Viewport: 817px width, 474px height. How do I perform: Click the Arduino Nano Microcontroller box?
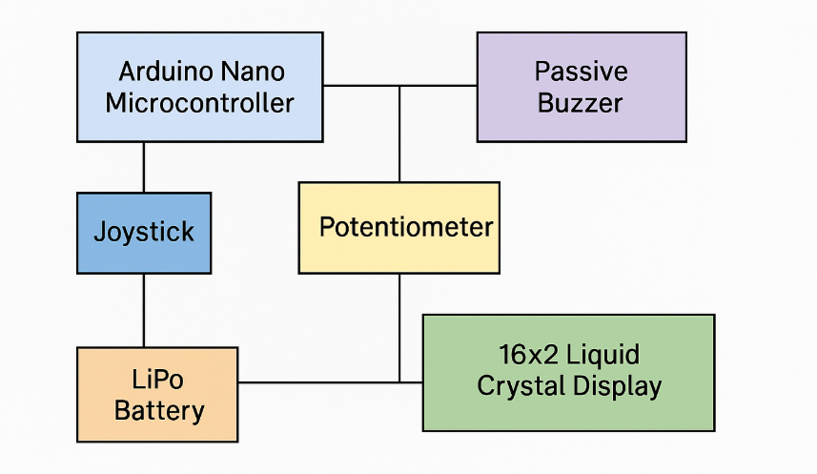pyautogui.click(x=199, y=87)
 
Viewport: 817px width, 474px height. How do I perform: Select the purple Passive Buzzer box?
pyautogui.click(x=581, y=87)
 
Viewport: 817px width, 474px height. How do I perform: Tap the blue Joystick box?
pyautogui.click(x=144, y=232)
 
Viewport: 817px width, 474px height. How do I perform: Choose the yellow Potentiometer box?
pyautogui.click(x=398, y=227)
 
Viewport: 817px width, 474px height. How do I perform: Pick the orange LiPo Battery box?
pyautogui.click(x=157, y=395)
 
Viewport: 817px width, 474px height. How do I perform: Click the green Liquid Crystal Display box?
pyautogui.click(x=568, y=372)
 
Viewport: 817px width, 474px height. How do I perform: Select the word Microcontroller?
pyautogui.click(x=199, y=103)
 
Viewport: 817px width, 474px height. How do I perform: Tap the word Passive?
pyautogui.click(x=581, y=72)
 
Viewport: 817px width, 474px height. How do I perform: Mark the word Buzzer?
pyautogui.click(x=581, y=103)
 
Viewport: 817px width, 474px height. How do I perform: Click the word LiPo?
pyautogui.click(x=157, y=380)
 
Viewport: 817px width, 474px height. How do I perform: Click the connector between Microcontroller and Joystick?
pyautogui.click(x=144, y=167)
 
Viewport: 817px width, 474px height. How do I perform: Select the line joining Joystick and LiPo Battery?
pyautogui.click(x=144, y=310)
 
